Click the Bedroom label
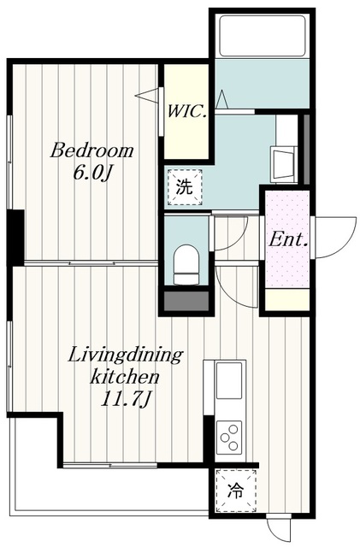91,151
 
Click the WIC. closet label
186,111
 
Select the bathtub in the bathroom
262,35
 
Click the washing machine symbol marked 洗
185,187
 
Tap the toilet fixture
186,264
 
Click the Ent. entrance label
288,240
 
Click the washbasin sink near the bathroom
284,164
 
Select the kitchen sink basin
229,380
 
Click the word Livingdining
126,356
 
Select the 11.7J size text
126,399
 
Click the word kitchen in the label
126,377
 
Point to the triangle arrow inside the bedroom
147,95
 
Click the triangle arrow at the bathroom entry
222,99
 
